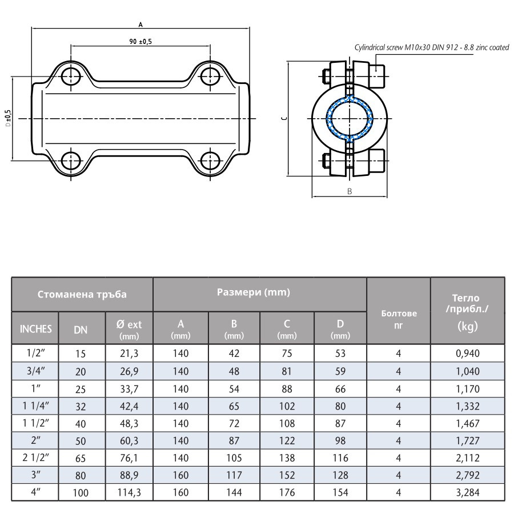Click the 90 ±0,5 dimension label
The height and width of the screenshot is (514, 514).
141,42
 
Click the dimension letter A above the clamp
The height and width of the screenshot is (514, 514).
141,25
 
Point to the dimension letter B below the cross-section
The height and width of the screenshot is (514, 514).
350,191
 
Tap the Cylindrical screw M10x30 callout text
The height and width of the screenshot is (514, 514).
432,48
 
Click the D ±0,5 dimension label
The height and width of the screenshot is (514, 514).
8,118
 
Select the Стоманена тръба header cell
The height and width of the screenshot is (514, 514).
82,295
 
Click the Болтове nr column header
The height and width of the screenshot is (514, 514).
399,318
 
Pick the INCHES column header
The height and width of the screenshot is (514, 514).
35,328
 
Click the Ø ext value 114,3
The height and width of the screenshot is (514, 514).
129,492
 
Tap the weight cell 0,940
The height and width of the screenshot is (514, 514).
468,354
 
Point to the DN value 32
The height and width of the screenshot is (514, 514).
81,407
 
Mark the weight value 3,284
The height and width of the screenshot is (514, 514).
468,492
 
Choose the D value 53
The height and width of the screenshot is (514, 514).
340,354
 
